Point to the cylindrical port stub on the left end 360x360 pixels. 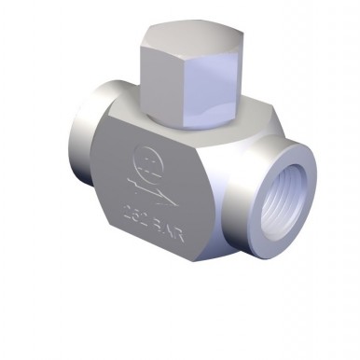coord(80,145)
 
